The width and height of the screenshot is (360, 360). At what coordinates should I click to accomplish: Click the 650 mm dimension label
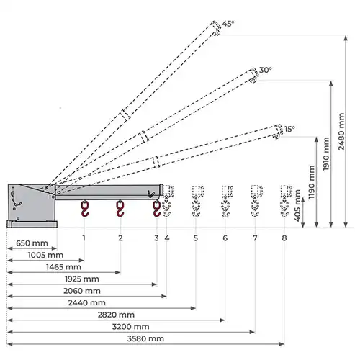point(32,243)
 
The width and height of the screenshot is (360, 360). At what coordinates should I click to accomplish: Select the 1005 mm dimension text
point(45,255)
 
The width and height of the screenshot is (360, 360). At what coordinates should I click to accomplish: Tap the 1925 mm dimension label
point(82,279)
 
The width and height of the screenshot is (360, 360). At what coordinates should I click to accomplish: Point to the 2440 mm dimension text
point(87,302)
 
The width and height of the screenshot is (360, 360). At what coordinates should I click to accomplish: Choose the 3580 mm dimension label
point(145,338)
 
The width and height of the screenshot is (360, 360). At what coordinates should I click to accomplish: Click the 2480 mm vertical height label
point(341,132)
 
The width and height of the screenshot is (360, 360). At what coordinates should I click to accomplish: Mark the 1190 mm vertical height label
point(311,182)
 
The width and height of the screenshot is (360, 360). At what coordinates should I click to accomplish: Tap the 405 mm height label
point(297,205)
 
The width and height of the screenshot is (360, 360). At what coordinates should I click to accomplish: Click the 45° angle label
point(228,24)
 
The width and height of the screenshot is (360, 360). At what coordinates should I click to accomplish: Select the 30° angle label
point(266,70)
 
